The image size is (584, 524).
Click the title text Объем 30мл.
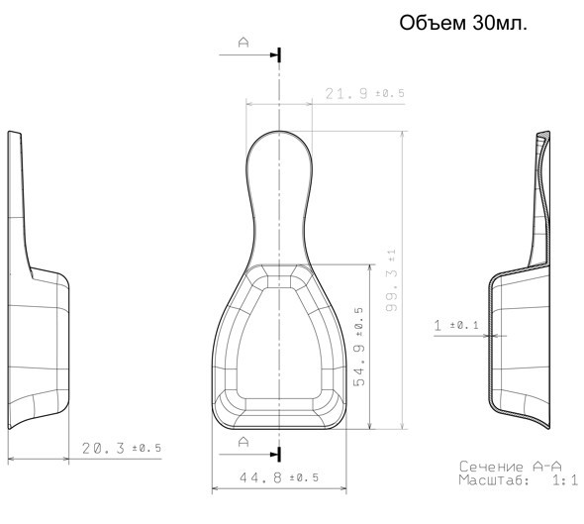coord(463,23)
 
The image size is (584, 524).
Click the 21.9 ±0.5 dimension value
coord(364,93)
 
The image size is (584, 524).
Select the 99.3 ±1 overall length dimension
coord(392,280)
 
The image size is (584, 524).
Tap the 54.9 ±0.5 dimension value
coord(358,347)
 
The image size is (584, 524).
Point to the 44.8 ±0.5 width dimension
coord(279,477)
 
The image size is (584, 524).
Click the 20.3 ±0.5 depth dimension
coord(122,448)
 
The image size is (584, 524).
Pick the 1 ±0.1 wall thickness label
coord(456,325)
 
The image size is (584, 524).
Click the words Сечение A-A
coord(510,467)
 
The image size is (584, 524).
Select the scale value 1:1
coord(564,480)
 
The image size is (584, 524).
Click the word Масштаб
coord(494,480)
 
